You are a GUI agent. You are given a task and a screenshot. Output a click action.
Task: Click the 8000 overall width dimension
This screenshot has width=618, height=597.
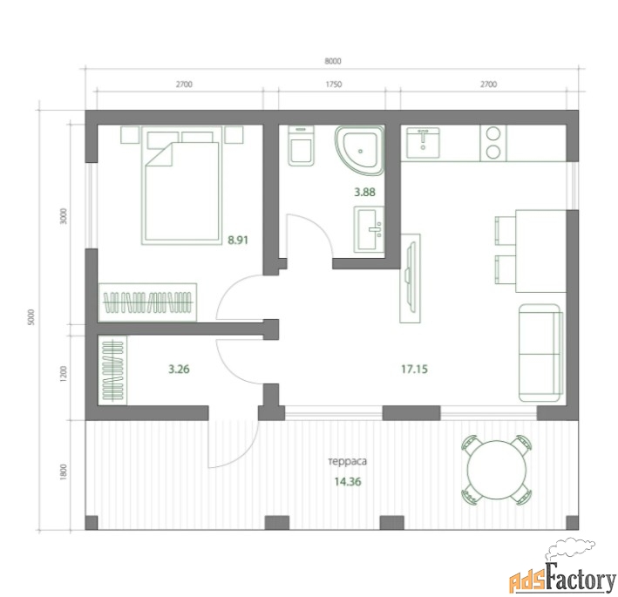point(333,61)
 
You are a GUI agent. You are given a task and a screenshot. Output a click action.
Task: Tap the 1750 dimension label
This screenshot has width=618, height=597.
point(334,85)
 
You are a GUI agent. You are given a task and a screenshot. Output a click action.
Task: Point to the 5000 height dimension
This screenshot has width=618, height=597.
point(31,317)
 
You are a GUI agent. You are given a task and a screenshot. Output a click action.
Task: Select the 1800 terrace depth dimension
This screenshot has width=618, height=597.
point(64,472)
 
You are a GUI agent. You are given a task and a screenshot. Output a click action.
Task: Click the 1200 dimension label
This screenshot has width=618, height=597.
point(64,374)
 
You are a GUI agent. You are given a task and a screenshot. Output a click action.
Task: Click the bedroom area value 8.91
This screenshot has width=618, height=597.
point(238,240)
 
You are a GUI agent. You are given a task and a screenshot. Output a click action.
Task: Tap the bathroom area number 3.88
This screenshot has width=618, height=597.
point(364,193)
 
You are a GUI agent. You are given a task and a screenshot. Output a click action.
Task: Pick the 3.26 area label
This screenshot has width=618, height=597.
point(179,370)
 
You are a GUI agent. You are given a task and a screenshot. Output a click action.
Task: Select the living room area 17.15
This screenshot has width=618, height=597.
point(414,370)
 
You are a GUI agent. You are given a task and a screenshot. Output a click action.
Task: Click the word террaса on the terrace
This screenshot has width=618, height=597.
point(348,461)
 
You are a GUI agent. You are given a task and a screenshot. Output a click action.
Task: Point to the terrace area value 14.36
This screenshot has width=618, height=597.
point(348,482)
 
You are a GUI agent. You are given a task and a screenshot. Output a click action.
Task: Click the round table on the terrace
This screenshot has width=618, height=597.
point(497,470)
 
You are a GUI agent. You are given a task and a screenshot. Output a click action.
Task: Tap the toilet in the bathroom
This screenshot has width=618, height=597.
point(301,145)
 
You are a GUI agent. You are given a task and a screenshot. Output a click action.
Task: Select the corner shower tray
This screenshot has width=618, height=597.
point(359,150)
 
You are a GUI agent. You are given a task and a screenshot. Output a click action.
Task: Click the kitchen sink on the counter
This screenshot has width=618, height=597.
point(423,142)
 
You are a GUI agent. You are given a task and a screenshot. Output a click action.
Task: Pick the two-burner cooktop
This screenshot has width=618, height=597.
point(493,143)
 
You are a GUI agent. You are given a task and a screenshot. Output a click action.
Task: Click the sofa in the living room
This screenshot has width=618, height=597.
point(540,353)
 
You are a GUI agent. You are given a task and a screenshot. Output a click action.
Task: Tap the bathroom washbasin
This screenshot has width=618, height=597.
point(369,229)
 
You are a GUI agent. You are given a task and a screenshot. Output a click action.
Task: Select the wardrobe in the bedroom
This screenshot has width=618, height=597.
point(147,302)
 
